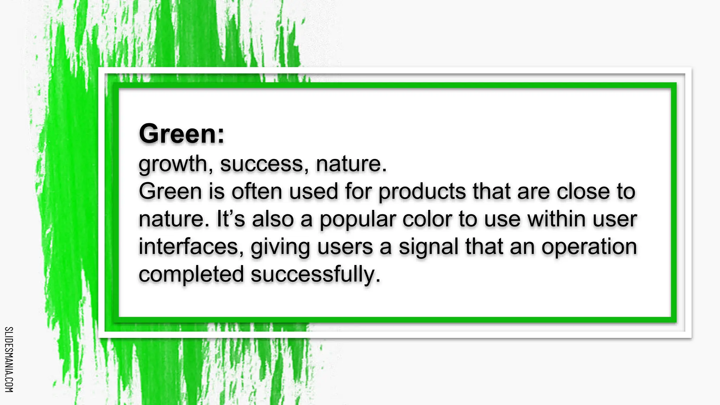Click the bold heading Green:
pyautogui.click(x=181, y=134)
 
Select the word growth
pyautogui.click(x=173, y=164)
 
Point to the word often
pyautogui.click(x=257, y=192)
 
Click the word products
pyautogui.click(x=422, y=192)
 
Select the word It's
pyautogui.click(x=231, y=219)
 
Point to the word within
pyautogui.click(x=557, y=219)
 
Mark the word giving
pyautogui.click(x=280, y=247)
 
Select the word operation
pyautogui.click(x=589, y=247)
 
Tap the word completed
pyautogui.click(x=191, y=275)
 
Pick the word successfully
pyautogui.click(x=315, y=275)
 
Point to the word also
pyautogui.click(x=273, y=219)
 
